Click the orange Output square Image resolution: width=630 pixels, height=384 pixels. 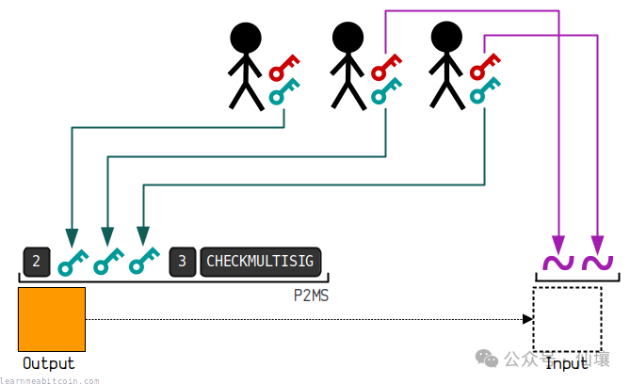point(52,320)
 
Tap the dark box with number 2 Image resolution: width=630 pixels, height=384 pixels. point(35,261)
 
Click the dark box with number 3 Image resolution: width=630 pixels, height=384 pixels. point(183,261)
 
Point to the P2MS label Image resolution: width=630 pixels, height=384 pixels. point(312,294)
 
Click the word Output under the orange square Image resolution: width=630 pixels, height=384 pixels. point(48,363)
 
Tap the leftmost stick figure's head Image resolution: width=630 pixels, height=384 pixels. point(245,38)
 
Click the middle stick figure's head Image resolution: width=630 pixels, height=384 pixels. point(347,38)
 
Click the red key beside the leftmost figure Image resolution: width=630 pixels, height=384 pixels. point(283,68)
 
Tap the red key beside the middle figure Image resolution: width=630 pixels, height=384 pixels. point(385,68)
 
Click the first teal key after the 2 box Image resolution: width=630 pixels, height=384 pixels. point(71,261)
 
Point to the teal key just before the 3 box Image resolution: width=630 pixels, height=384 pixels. point(144,261)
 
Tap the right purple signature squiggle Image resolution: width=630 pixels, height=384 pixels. point(597,264)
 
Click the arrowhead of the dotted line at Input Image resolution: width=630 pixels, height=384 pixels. point(528,320)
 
